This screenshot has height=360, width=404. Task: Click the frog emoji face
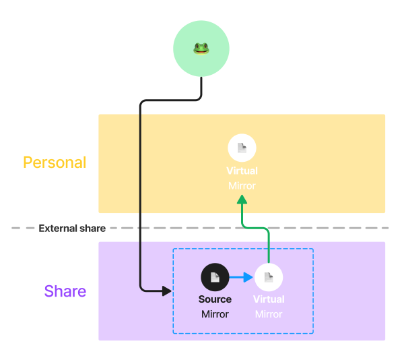(x=201, y=48)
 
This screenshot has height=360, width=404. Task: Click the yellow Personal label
(x=55, y=162)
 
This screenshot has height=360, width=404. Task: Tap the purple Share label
(x=65, y=291)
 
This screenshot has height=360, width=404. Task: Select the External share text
(x=72, y=229)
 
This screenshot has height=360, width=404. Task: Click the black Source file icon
(x=215, y=277)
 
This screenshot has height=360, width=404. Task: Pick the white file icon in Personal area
(x=242, y=148)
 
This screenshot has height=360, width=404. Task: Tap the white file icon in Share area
(x=269, y=277)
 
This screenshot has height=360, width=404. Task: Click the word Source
(x=215, y=299)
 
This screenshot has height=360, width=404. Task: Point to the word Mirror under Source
(x=215, y=314)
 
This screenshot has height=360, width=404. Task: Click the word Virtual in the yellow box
(x=242, y=171)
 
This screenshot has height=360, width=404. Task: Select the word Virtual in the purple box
(x=269, y=299)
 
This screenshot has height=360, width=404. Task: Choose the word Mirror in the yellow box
(x=242, y=185)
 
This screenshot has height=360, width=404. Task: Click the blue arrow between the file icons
(x=239, y=277)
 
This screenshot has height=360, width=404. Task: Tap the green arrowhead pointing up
(x=242, y=200)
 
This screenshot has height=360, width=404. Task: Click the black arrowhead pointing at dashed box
(x=166, y=291)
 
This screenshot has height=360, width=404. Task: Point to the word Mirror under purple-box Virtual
(x=269, y=314)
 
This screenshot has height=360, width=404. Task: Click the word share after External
(x=92, y=229)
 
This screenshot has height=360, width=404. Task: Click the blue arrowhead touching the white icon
(x=249, y=277)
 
